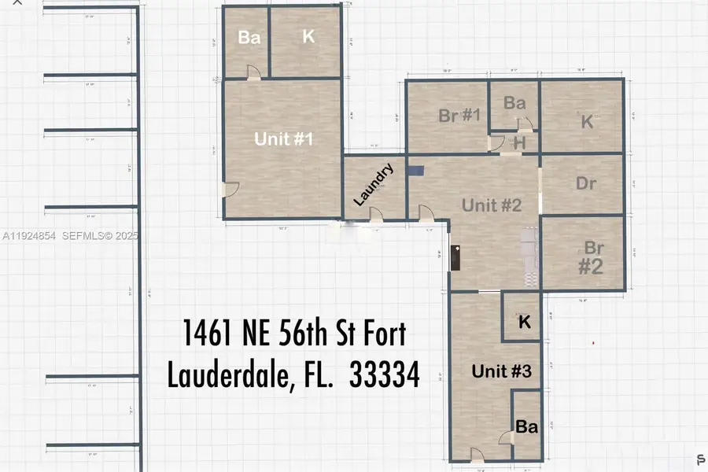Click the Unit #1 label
[284, 139]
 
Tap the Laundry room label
[373, 186]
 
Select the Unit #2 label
[492, 205]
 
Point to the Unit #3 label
[503, 371]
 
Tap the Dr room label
[586, 184]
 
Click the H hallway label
[519, 143]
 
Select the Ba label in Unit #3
[526, 427]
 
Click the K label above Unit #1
[308, 37]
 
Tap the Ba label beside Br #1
[514, 103]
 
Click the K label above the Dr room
[586, 121]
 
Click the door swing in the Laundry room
[376, 214]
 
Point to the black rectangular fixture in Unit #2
[455, 256]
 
